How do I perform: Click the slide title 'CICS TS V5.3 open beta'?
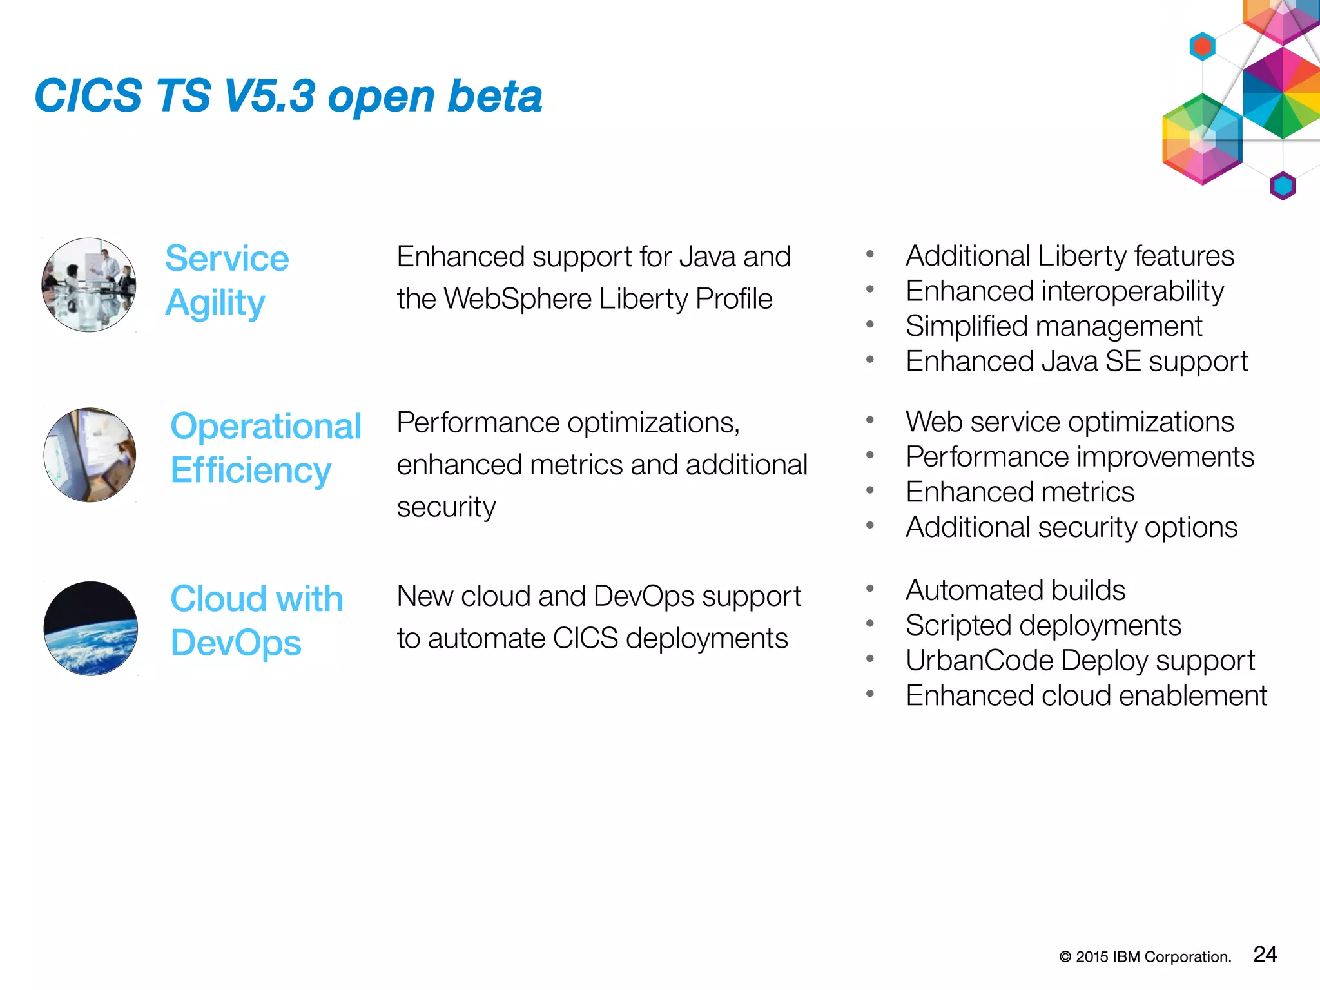288,96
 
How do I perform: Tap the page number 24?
1265,955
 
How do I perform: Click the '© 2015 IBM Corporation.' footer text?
1145,957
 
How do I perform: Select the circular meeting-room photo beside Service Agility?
89,285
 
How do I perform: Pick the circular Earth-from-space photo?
91,628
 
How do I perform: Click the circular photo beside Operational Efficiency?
90,455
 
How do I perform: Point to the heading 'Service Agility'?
227,280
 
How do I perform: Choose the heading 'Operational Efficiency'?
266,448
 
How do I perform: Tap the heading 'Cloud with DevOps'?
256,621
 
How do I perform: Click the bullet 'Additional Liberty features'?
1069,256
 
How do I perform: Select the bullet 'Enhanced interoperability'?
1064,291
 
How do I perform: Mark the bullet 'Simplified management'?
1053,326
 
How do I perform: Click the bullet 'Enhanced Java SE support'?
1076,362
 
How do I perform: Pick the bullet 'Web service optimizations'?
1069,422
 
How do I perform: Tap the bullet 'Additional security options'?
1071,527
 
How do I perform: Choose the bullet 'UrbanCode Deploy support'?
1080,661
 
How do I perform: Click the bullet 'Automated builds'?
1015,590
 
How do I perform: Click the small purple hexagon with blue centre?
1283,186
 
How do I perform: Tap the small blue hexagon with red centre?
1202,46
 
